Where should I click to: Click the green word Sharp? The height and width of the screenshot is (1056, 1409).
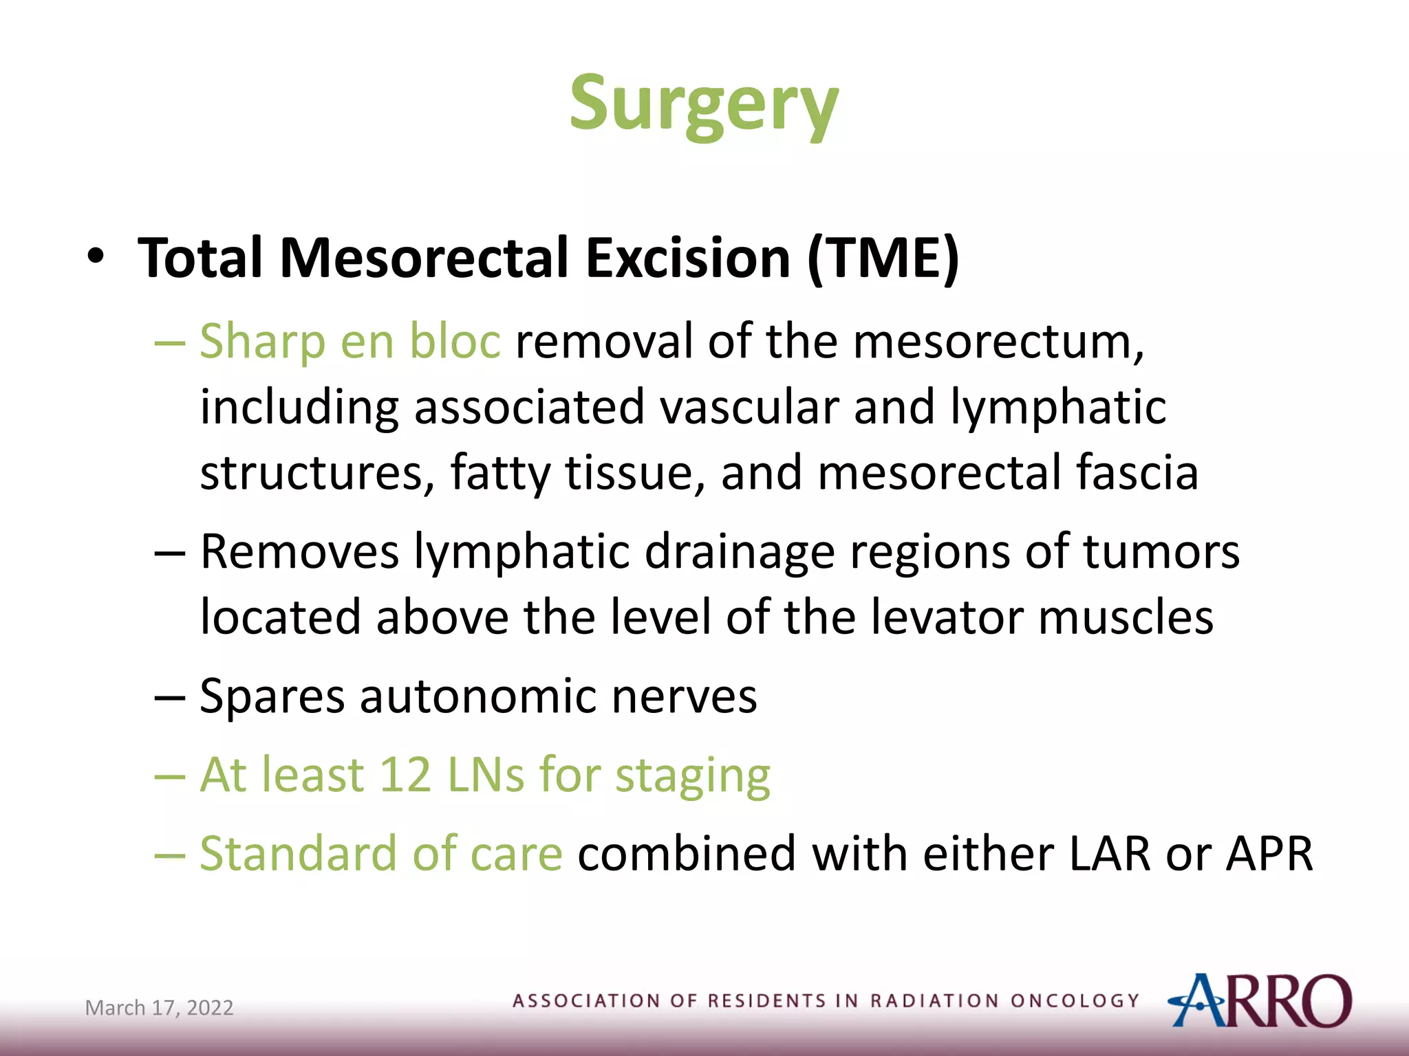(262, 342)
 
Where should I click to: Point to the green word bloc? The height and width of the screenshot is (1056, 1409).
(455, 342)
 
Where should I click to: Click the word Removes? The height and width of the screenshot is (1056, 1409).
(299, 551)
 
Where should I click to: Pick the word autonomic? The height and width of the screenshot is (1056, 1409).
(477, 696)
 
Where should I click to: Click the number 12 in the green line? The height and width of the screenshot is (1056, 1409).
(405, 775)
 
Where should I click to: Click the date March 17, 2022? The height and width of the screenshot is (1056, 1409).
(159, 1008)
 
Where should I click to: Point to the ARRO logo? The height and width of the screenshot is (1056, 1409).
(1258, 1000)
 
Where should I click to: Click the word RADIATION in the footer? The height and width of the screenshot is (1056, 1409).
(934, 1000)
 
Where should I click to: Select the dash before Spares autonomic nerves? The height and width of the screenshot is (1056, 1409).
(169, 697)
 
